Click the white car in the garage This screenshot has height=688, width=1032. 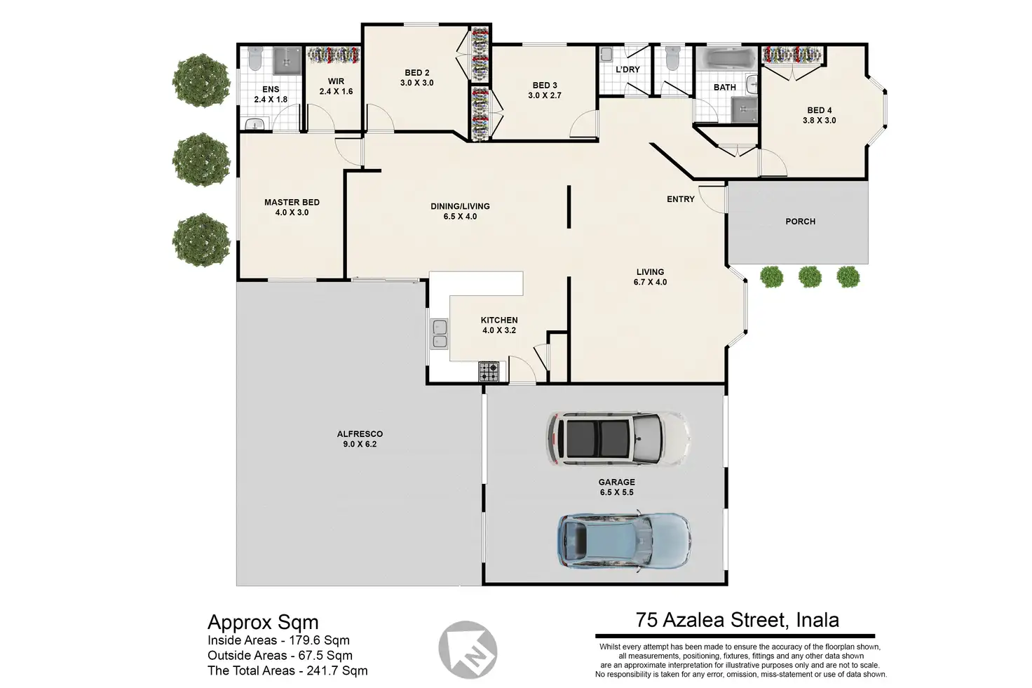click(x=618, y=438)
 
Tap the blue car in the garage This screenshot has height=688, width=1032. click(x=624, y=541)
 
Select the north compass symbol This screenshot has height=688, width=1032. click(x=468, y=649)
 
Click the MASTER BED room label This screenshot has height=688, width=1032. click(x=292, y=208)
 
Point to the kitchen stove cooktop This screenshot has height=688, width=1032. click(x=489, y=372)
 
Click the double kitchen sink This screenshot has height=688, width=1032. click(x=439, y=334)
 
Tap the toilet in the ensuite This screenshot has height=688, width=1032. click(x=254, y=58)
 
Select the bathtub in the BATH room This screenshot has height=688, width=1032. click(x=726, y=60)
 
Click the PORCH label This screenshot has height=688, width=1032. click(x=800, y=222)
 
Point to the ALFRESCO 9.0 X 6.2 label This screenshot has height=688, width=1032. click(x=360, y=439)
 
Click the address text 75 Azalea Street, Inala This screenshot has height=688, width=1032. click(x=737, y=620)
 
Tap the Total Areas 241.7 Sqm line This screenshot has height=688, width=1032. click(x=287, y=670)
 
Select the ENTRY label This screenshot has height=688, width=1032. click(x=681, y=199)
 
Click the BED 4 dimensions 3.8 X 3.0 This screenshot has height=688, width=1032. click(x=819, y=120)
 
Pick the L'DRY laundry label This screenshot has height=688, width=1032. click(x=627, y=69)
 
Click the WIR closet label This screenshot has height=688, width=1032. click(x=336, y=81)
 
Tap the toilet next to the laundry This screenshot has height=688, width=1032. click(x=673, y=58)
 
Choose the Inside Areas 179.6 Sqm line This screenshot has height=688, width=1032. click(x=279, y=640)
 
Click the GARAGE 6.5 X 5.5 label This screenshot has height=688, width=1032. click(x=616, y=487)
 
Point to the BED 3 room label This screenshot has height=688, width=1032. click(x=545, y=86)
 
